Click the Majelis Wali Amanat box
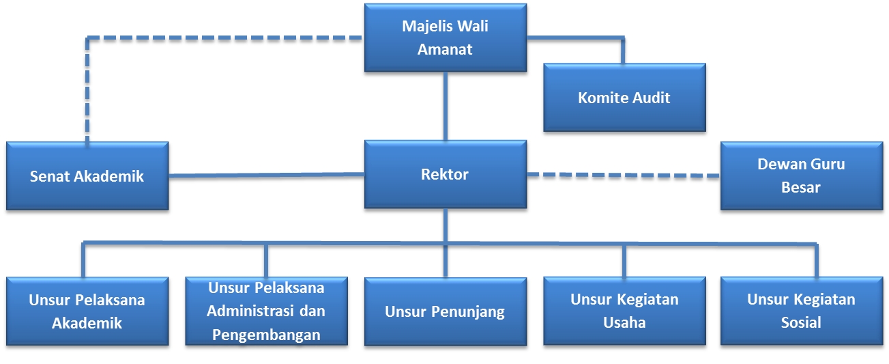click(x=445, y=38)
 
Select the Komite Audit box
click(x=624, y=98)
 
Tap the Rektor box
click(x=445, y=175)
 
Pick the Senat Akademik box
click(x=87, y=177)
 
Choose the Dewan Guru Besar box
click(x=801, y=176)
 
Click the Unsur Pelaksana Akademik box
click(x=87, y=311)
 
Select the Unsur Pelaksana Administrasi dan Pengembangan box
click(x=266, y=311)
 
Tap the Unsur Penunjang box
click(x=445, y=312)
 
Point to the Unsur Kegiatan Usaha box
click(x=624, y=311)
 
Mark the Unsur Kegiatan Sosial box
click(x=801, y=311)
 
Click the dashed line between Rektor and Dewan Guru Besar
click(x=622, y=176)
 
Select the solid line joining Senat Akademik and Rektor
click(x=266, y=178)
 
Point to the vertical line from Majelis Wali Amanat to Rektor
click(x=445, y=106)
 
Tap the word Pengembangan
click(x=266, y=335)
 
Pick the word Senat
click(x=50, y=177)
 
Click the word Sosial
click(x=801, y=322)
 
